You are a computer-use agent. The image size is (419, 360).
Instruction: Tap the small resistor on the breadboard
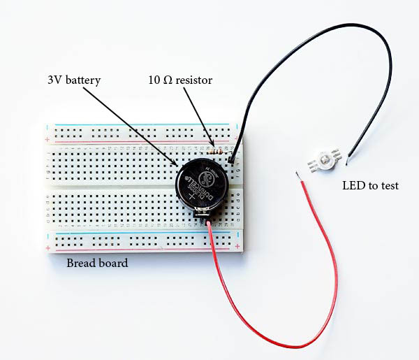pos(217,149)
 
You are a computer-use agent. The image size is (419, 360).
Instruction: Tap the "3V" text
pos(55,80)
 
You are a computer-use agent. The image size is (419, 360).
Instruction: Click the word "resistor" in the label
pos(195,80)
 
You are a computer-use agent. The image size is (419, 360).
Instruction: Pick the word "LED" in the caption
pos(352,186)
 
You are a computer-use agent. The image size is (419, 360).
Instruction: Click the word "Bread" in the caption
pos(81,264)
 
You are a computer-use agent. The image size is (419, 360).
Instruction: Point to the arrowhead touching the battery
pos(177,164)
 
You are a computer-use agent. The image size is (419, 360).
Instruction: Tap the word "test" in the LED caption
pos(388,186)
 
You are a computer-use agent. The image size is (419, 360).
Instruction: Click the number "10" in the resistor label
pos(154,80)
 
